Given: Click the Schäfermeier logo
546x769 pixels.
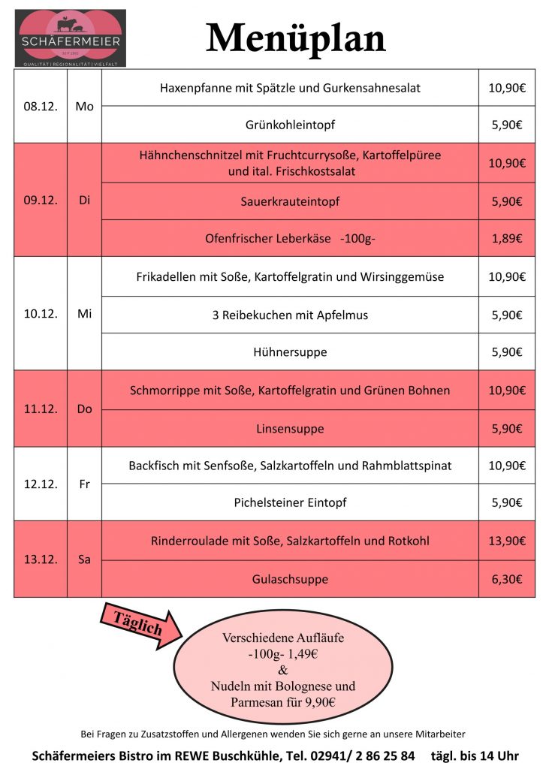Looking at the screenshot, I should pos(71,38).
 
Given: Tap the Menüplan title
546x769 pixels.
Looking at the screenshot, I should pos(296,38).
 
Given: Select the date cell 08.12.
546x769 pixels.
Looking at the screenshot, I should pos(41,107).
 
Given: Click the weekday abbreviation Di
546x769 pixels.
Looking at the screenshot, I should pos(84,201).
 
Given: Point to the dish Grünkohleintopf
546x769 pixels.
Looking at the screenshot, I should pos(290,125).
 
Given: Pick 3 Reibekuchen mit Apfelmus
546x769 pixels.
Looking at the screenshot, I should pos(290,315).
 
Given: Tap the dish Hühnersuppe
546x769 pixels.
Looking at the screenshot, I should pos(290,351).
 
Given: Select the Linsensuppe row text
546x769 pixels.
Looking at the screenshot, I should pos(290,429).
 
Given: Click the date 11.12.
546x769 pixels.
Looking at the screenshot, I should pos(41,409).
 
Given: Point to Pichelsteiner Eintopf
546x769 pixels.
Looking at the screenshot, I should pos(290,502).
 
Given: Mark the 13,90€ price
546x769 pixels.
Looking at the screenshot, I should pos(506,541).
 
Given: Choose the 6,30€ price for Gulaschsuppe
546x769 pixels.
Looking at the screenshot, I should pos(506,579).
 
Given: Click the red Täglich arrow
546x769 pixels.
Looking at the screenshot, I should pos(140,623).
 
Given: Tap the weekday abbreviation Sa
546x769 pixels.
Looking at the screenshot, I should pos(84,559).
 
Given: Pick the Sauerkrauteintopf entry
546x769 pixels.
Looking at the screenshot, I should pos(290,201).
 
